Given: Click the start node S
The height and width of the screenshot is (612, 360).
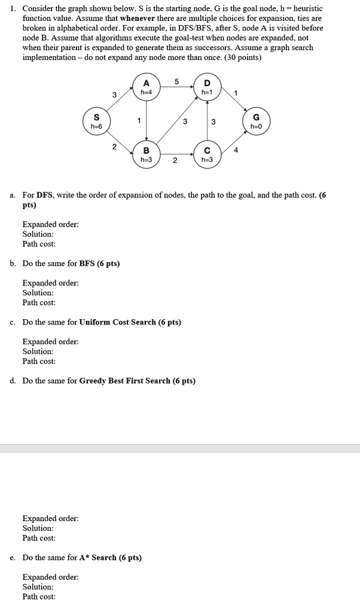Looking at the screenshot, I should click(96, 122).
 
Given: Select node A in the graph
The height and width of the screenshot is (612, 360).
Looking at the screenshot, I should click(147, 87).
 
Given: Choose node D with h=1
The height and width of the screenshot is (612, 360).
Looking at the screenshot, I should click(207, 87).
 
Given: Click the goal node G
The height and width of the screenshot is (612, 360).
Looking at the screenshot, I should click(257, 122).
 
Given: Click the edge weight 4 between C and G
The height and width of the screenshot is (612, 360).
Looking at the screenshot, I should click(235, 151).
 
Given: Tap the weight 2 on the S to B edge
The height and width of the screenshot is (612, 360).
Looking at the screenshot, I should click(114, 147).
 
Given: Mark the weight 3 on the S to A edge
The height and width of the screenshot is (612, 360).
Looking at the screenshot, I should click(114, 94).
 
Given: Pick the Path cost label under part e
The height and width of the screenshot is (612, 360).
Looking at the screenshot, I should click(39, 596).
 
